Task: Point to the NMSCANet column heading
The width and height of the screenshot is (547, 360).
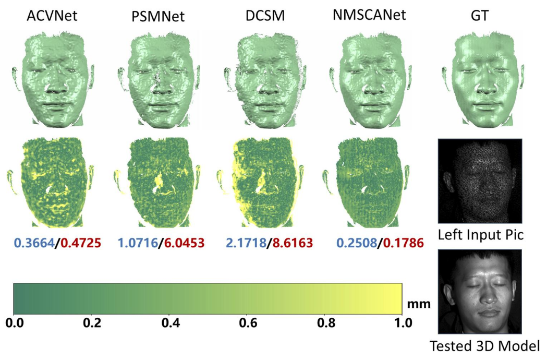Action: (369, 16)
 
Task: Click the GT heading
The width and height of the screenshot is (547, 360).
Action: (479, 17)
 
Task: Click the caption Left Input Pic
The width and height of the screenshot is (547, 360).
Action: (480, 235)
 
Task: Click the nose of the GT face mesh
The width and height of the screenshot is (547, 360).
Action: (480, 83)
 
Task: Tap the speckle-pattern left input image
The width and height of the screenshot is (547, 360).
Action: (480, 181)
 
